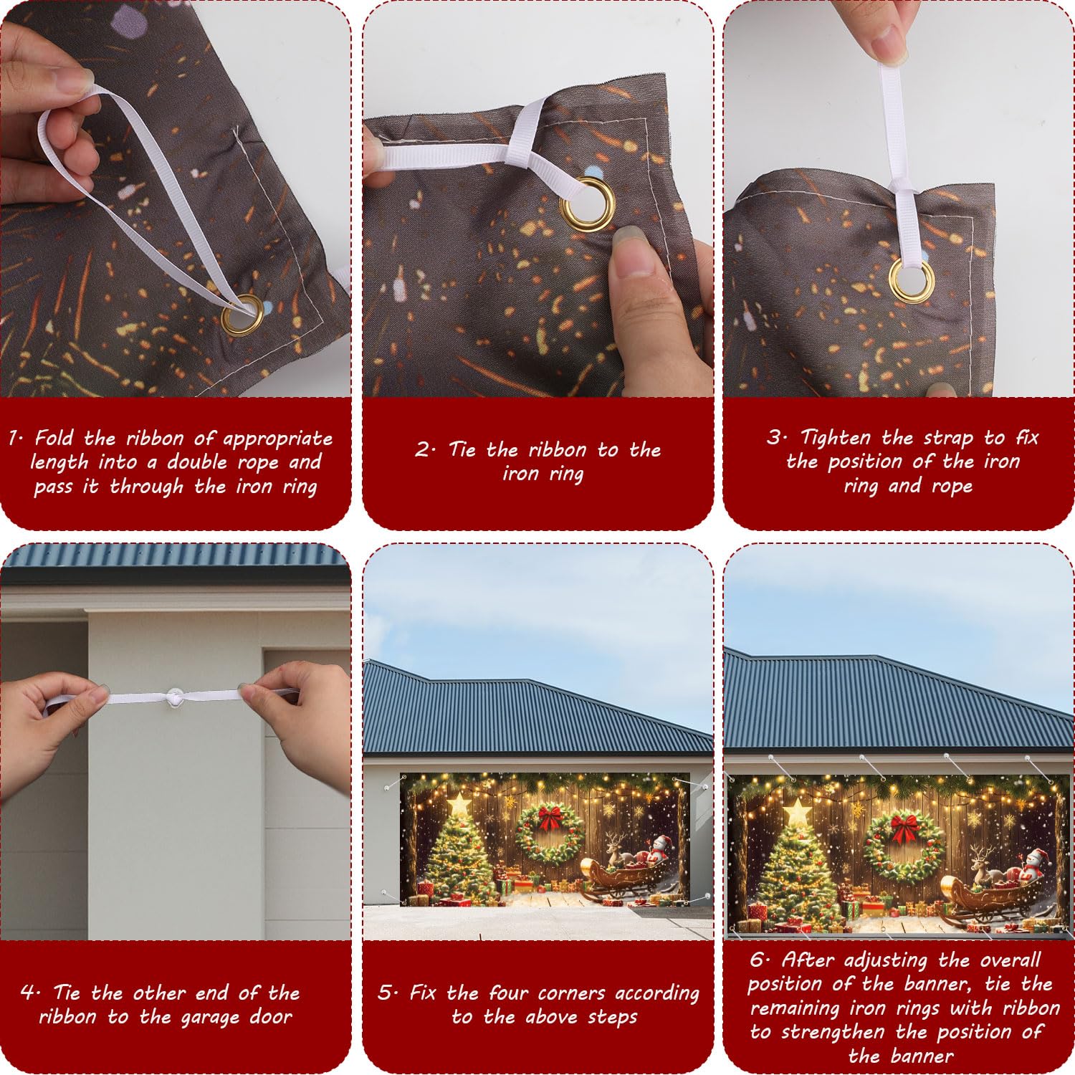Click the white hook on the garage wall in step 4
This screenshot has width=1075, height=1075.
pos(176,696)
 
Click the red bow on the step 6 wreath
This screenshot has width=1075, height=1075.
pos(904,827)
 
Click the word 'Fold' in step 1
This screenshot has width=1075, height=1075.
pos(54,437)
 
